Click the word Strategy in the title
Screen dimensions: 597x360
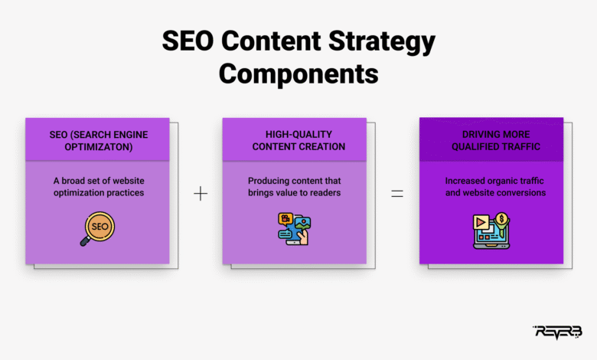[x=381, y=42]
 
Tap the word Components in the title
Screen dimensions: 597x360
[x=298, y=74]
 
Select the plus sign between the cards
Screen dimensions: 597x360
[x=201, y=194]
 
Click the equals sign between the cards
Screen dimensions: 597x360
[x=397, y=194]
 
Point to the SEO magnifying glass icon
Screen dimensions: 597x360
[x=97, y=228]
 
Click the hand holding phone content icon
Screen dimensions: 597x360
[x=295, y=228]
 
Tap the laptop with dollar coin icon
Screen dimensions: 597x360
[x=491, y=231]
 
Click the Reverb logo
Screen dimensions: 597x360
[x=557, y=332]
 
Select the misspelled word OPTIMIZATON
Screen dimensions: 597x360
[x=99, y=147]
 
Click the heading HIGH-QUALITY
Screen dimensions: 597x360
[x=298, y=135]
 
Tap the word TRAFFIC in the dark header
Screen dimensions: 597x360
[x=523, y=146]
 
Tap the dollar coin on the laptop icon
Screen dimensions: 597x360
[x=502, y=218]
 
